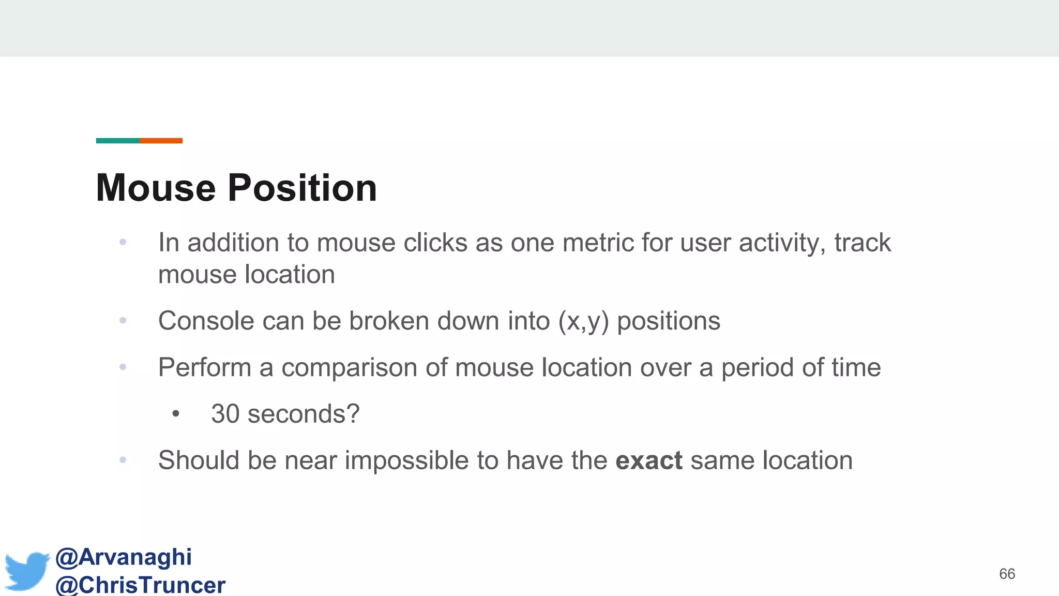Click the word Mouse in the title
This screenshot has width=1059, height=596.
point(156,188)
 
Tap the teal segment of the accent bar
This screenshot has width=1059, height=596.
point(118,141)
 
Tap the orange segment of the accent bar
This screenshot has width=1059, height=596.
point(161,141)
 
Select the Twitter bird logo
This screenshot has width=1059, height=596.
point(27,571)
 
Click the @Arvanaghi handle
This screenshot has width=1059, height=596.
point(124,557)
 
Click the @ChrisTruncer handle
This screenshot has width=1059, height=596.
point(140,585)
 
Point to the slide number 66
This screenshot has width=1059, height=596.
point(1007,574)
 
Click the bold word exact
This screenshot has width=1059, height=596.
point(649,460)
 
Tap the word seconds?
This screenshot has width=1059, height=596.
point(304,414)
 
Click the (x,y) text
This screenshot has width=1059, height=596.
point(583,321)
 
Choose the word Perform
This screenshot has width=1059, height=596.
point(205,367)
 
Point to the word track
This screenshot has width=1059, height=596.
point(863,243)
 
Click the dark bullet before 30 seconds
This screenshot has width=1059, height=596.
point(176,414)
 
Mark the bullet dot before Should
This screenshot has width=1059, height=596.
point(123,459)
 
